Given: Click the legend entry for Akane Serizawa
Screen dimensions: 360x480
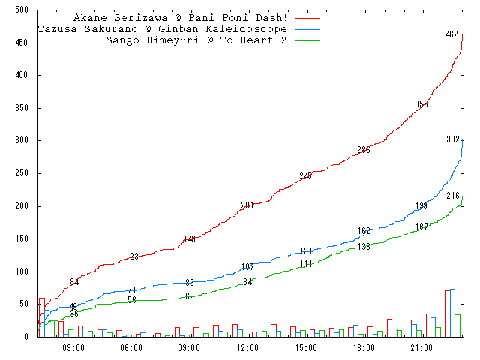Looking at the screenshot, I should click(181, 17).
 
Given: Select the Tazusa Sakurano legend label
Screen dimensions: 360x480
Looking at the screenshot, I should click(162, 28).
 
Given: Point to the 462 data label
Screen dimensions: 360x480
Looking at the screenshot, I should click(451, 34).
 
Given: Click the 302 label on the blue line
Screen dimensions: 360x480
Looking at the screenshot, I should click(453, 139).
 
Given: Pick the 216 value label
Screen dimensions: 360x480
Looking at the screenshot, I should click(453, 196).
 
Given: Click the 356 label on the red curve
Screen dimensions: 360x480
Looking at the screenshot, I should click(421, 104).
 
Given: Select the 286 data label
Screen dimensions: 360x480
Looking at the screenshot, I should click(364, 150).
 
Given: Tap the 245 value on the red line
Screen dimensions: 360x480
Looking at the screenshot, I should click(305, 176).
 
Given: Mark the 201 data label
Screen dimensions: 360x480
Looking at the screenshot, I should click(247, 205).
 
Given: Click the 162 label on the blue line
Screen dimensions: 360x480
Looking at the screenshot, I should click(364, 231).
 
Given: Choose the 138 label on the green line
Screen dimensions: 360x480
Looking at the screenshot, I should click(364, 247).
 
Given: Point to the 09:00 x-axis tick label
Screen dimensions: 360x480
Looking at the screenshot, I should click(189, 348).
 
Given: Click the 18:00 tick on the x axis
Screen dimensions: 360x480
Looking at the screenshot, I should click(364, 348).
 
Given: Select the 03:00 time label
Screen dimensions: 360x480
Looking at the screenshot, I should click(73, 348).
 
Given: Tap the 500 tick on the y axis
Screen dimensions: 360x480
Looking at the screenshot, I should click(21, 10).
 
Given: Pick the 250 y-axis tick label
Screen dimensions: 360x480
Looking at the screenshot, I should click(21, 173).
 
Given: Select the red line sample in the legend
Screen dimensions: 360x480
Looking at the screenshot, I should click(308, 17).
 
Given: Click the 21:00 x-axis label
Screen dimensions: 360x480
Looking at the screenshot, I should click(421, 348).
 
